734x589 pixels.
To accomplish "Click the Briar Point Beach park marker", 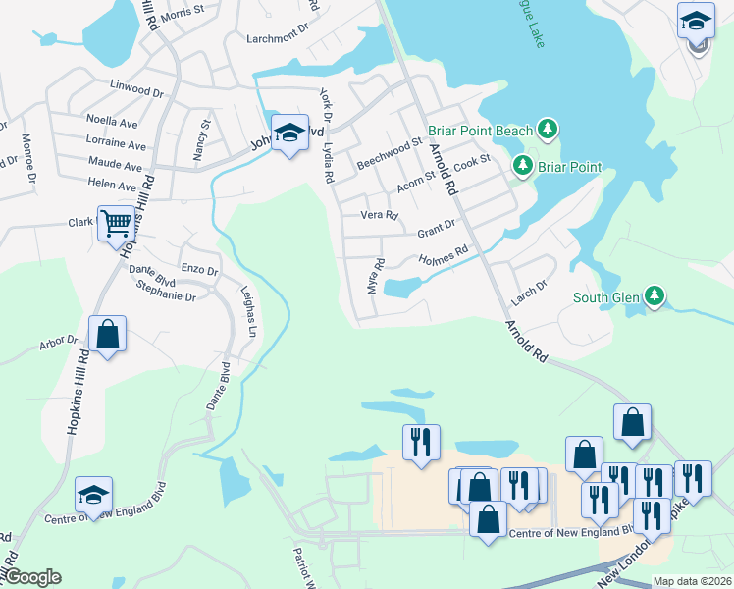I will pyautogui.click(x=548, y=130).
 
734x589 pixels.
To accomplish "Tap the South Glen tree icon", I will pyautogui.click(x=655, y=295).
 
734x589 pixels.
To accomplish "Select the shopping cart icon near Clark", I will pyautogui.click(x=116, y=224).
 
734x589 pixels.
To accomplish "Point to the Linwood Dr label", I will pyautogui.click(x=136, y=89).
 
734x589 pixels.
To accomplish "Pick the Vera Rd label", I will pyautogui.click(x=380, y=215).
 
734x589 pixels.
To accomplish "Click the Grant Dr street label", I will pyautogui.click(x=436, y=230).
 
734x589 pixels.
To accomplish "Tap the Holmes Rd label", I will pyautogui.click(x=445, y=259).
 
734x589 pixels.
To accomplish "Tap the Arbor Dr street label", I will pyautogui.click(x=58, y=343).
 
